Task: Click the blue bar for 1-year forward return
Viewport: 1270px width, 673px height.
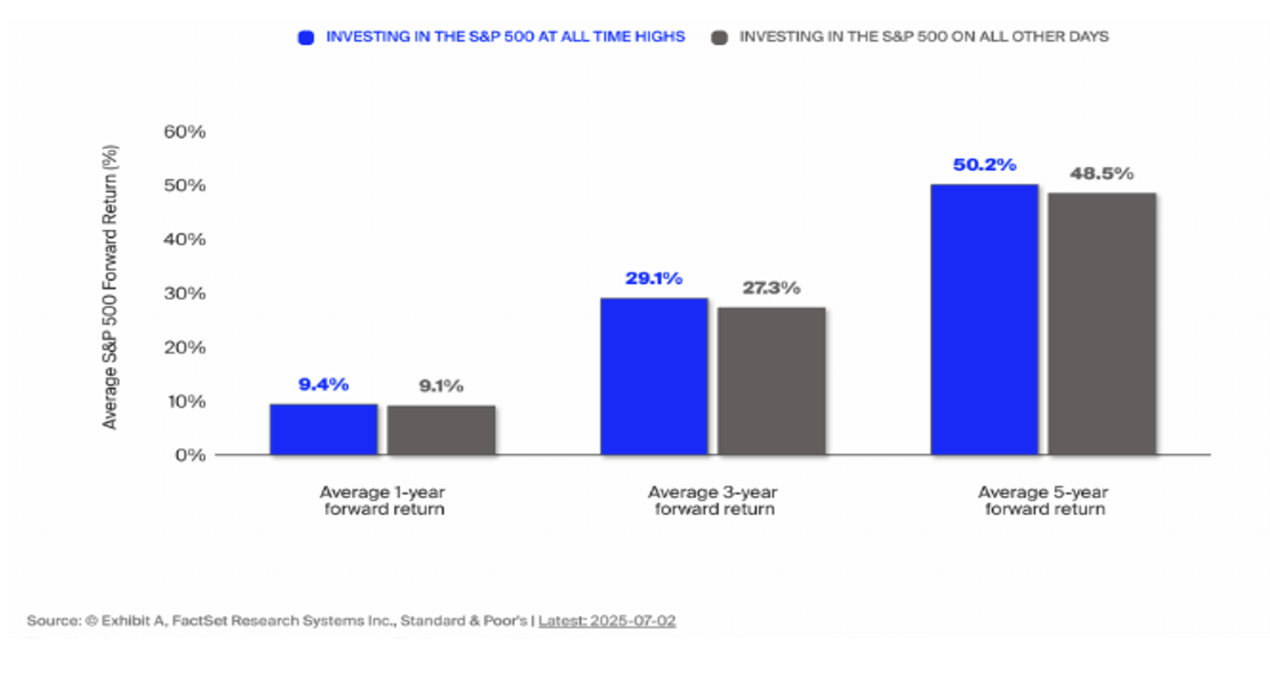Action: tap(323, 429)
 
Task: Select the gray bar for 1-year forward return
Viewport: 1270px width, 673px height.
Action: tap(441, 430)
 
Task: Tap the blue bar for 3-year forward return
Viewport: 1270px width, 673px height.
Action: tap(654, 376)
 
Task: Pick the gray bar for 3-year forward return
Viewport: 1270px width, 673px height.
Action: tap(771, 381)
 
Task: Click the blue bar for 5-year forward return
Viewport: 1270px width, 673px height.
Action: tap(984, 319)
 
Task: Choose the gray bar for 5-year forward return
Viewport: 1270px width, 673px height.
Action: tap(1102, 324)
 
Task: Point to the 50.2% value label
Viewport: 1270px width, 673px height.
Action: tap(984, 166)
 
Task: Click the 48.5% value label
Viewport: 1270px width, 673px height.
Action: tap(1101, 174)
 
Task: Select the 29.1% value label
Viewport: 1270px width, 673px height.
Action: tap(654, 278)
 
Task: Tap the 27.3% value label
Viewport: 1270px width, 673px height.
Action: tap(771, 288)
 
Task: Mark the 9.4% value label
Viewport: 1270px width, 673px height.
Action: tap(323, 384)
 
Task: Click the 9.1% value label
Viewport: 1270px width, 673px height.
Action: tap(441, 385)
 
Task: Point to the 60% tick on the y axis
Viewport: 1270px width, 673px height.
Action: tap(183, 131)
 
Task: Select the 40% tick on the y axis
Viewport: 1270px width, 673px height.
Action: tap(183, 239)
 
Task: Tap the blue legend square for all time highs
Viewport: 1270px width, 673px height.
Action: tap(304, 37)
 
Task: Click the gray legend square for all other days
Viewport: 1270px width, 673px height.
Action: tap(719, 37)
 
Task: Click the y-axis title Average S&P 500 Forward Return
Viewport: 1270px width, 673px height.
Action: tap(110, 288)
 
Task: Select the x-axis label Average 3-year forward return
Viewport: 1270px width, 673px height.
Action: tap(712, 501)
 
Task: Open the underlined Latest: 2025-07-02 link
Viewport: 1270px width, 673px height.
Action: tap(606, 620)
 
